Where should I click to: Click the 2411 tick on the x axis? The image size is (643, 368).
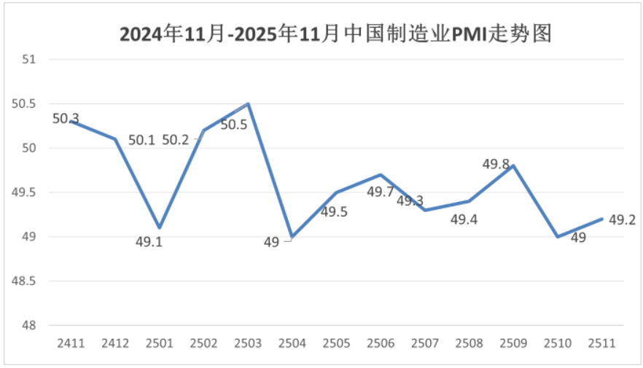(71, 342)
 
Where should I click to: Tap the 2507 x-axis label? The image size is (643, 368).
(425, 342)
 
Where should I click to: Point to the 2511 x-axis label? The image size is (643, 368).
(602, 342)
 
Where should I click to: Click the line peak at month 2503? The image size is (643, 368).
(249, 103)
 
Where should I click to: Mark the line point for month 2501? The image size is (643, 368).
(160, 228)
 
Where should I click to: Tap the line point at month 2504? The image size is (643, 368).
(292, 238)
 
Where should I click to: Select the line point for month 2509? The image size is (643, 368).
(513, 165)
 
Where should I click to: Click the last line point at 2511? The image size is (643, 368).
(602, 219)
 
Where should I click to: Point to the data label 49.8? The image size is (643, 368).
(496, 164)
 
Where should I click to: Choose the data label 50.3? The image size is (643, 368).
(66, 118)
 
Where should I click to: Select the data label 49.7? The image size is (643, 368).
(380, 192)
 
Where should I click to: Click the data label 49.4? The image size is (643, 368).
(464, 219)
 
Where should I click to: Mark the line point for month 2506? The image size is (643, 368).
(381, 175)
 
